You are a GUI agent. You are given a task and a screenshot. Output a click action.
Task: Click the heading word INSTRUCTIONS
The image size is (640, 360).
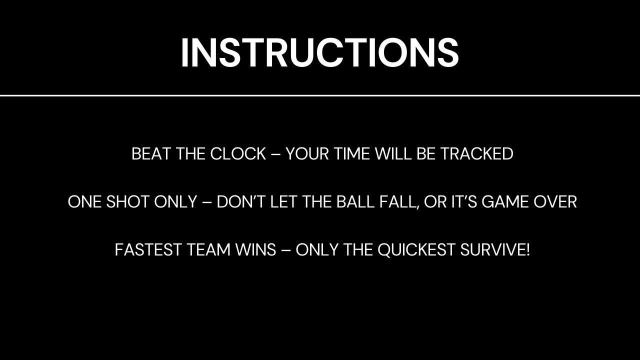320,53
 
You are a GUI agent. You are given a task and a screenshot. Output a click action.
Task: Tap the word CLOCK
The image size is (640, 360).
238,153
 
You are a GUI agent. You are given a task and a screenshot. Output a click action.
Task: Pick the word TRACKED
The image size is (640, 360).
477,153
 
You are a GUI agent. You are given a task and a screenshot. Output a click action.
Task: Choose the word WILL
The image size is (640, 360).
393,153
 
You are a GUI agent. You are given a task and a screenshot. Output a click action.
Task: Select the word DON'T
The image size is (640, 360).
241,201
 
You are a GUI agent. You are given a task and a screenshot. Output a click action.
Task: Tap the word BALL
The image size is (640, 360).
355,201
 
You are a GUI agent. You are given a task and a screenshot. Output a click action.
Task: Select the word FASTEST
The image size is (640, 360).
148,249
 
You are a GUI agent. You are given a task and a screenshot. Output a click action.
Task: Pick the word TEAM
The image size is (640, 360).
209,249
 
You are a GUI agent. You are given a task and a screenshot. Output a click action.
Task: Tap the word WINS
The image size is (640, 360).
255,249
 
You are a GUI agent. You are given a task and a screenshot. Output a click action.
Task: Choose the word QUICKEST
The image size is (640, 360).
416,250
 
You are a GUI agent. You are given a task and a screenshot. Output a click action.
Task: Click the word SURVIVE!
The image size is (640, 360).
495,249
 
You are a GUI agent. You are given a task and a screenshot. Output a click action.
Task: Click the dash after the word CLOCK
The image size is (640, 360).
275,154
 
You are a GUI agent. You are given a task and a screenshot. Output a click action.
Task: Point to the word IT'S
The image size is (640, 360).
464,201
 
